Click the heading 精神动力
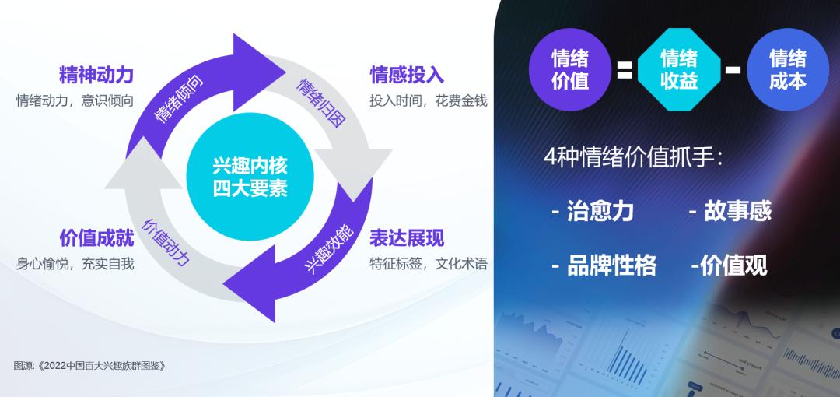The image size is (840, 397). [96, 75]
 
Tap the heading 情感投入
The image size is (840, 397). [407, 75]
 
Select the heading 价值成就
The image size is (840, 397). [96, 237]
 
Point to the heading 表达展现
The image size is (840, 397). [407, 237]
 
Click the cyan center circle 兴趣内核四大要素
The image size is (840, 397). [250, 177]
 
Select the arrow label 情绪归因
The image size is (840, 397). [321, 102]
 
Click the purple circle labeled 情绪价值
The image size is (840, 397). [569, 69]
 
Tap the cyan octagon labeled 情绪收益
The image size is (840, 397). [679, 69]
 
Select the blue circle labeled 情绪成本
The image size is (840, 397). [787, 69]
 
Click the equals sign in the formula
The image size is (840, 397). [624, 71]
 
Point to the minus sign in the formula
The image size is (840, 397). [733, 70]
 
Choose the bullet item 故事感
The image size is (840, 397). [730, 211]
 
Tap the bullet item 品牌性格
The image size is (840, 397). [604, 265]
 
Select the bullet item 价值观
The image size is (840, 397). [729, 265]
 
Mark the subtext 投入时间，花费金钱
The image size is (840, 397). [428, 101]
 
